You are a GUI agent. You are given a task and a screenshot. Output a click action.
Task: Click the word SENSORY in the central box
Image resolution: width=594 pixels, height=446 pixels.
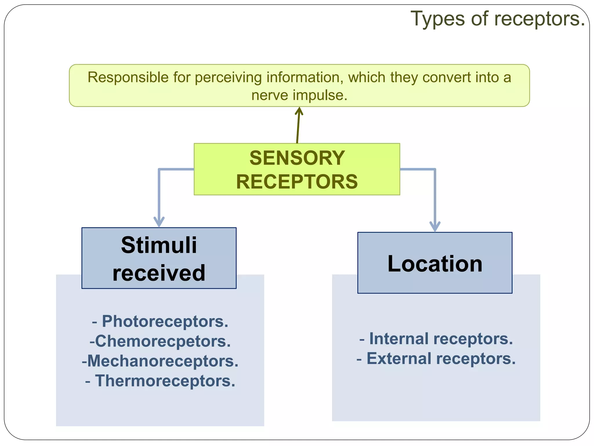tap(297, 158)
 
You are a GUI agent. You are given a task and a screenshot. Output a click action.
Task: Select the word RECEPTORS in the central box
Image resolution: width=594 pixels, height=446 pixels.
tap(297, 182)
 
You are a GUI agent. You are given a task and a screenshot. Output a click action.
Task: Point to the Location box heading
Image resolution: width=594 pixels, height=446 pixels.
tap(435, 264)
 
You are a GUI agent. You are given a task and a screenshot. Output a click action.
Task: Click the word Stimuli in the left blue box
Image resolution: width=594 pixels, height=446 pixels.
tap(159, 245)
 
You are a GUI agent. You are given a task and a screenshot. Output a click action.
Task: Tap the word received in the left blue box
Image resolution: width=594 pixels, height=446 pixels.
tap(159, 273)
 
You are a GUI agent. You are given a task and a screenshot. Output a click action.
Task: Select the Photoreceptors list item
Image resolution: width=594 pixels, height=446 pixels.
tap(160, 321)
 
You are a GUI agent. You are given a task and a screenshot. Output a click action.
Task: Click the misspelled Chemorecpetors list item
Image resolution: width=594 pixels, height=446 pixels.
tap(160, 341)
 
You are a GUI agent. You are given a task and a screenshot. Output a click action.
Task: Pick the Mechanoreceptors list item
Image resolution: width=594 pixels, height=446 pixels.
tap(160, 361)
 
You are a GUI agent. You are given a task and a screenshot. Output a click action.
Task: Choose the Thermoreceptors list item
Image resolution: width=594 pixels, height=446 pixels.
tap(160, 381)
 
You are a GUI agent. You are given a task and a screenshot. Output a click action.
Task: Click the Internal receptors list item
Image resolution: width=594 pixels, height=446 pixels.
tap(436, 339)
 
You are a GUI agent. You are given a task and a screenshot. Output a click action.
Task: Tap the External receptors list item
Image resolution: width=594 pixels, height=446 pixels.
tap(436, 359)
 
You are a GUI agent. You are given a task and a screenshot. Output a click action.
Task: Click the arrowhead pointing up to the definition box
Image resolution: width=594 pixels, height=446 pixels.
tap(299, 111)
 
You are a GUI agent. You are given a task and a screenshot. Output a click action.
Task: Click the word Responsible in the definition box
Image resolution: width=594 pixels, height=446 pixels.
tap(128, 78)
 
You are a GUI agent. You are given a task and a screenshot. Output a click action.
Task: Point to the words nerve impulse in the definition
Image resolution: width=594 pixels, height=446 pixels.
tap(299, 95)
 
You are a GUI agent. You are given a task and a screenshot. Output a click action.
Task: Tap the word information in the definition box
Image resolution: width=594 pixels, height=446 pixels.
tap(305, 78)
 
